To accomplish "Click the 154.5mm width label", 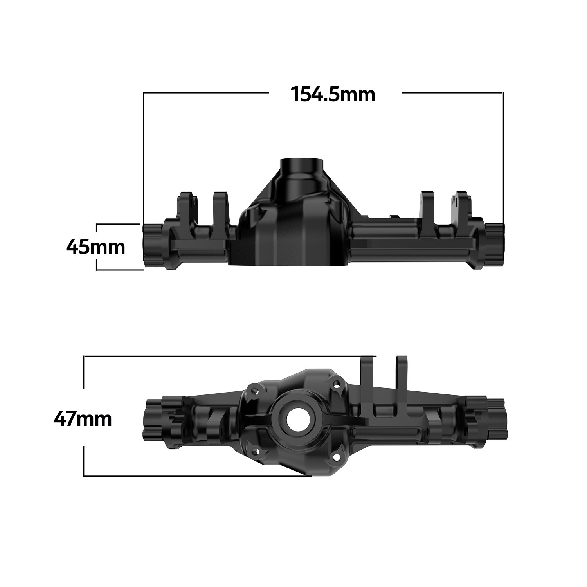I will [x=333, y=95].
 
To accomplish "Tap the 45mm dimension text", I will [x=95, y=247].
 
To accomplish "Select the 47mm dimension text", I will [x=83, y=419].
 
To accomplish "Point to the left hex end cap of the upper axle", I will [x=153, y=245].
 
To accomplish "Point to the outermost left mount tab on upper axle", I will [x=187, y=207].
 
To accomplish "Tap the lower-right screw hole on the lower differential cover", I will [x=336, y=457].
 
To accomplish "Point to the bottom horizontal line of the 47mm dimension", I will [x=196, y=476].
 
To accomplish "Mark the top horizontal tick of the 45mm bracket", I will [x=117, y=224].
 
